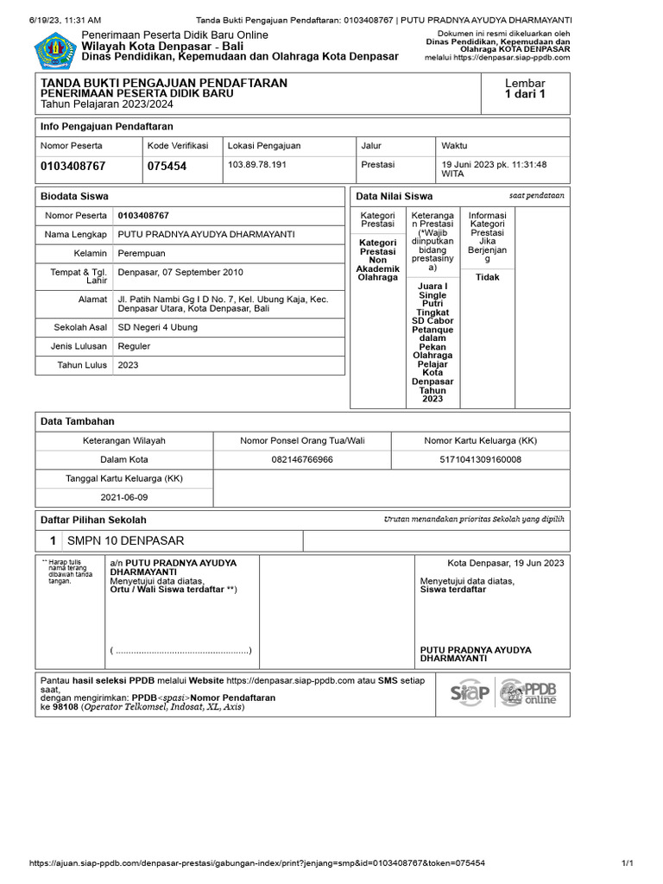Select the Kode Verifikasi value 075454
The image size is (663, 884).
[167, 166]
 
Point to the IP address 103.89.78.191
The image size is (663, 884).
[256, 164]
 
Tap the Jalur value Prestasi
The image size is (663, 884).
[377, 164]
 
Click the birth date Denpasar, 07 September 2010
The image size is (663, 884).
[180, 272]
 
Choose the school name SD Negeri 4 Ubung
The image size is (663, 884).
[157, 327]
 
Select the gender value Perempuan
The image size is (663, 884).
[141, 253]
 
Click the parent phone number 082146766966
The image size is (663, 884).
[302, 459]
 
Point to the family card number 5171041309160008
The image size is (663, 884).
[481, 459]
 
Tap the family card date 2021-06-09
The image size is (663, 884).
[124, 497]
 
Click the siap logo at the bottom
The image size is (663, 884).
[470, 692]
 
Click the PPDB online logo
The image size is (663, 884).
[528, 692]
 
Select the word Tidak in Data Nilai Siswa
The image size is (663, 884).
[487, 277]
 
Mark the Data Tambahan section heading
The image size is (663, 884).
[78, 421]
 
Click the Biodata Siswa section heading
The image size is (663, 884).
[74, 196]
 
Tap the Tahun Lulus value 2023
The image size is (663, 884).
[128, 364]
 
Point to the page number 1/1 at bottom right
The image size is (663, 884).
[628, 862]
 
